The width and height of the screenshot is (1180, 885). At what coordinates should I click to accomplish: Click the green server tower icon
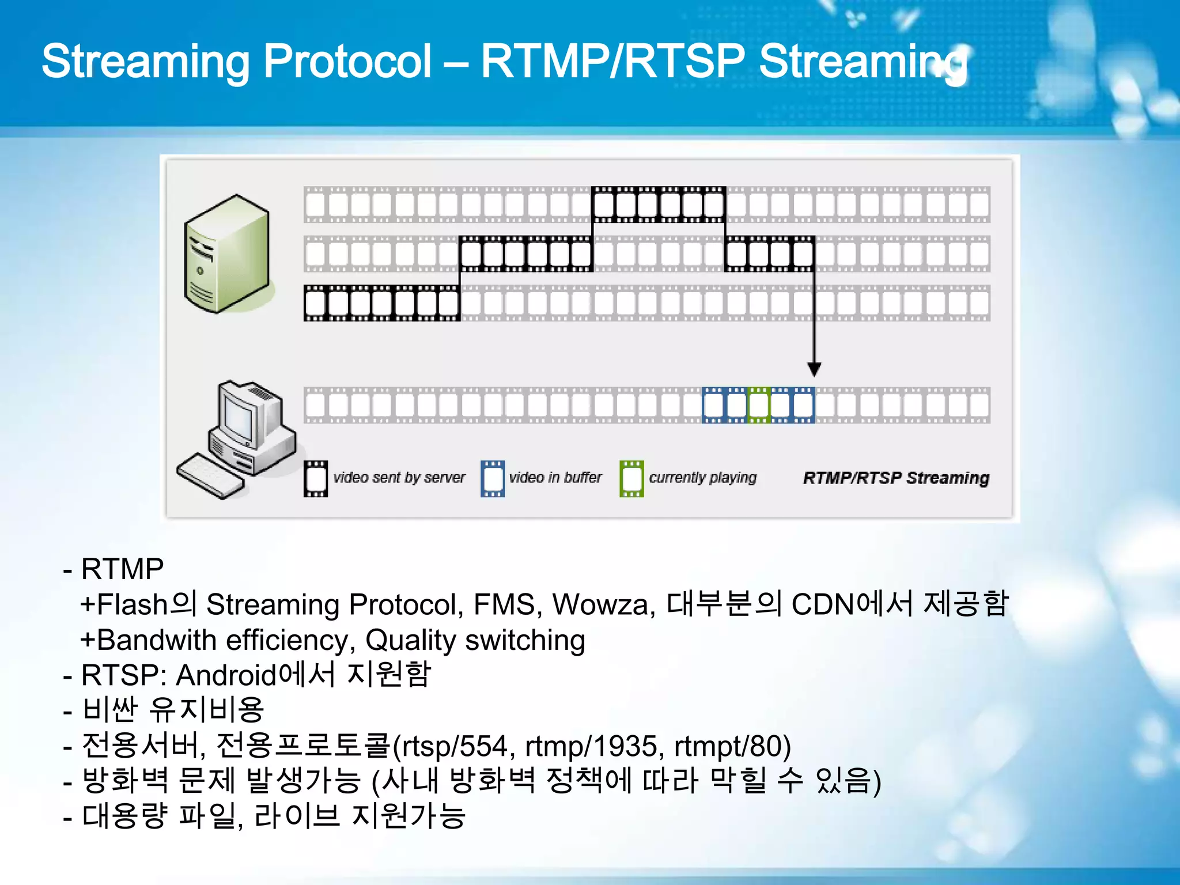[226, 254]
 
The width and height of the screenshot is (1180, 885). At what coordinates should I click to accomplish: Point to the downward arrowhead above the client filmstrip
[814, 369]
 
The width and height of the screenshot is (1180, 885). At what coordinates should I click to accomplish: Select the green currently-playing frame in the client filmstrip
[758, 405]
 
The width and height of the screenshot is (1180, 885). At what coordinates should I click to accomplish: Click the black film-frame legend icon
[316, 478]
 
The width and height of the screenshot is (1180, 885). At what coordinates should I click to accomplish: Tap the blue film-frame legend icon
[493, 478]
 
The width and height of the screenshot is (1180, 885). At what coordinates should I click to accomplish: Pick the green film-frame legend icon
[631, 478]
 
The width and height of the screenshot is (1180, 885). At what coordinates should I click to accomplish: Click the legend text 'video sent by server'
[399, 478]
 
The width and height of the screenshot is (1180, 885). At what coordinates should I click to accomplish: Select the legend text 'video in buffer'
[555, 478]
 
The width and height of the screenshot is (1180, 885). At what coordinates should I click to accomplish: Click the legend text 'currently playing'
[702, 478]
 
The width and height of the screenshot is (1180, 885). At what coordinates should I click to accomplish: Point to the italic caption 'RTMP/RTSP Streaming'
[895, 478]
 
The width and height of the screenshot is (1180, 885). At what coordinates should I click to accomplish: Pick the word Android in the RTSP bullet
[226, 675]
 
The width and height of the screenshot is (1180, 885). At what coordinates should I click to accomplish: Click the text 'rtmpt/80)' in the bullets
[732, 746]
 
